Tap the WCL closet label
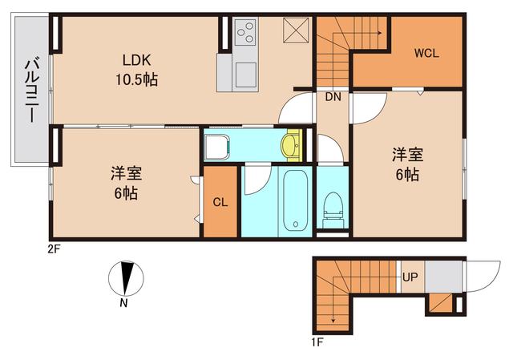[426, 55]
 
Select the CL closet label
[220, 202]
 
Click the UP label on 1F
[410, 278]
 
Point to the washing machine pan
[217, 147]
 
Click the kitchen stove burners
[245, 34]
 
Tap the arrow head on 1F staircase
[330, 324]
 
